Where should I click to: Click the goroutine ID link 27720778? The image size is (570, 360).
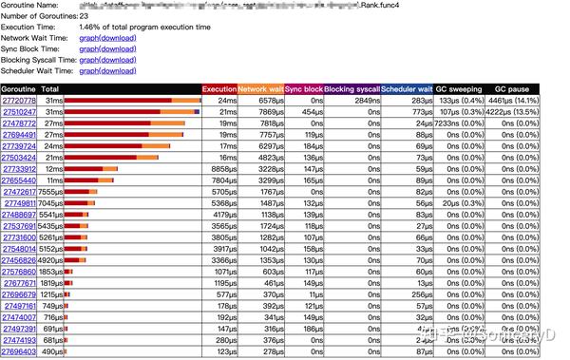coord(18,100)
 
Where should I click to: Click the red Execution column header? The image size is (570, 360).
coord(218,88)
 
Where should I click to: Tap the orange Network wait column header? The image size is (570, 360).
coord(259,88)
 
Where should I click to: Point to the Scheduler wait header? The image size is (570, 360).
coord(408,88)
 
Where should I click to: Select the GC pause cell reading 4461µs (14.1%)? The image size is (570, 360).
coord(513,100)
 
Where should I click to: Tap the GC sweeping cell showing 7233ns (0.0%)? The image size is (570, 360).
coord(461,123)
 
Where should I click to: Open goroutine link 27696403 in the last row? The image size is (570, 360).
coord(18,351)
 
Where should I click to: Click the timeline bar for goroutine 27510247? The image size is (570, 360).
coord(133,111)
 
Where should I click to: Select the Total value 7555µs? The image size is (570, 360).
coord(49,191)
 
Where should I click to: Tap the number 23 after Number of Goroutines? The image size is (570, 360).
coord(84,16)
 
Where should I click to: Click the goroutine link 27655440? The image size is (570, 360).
coord(18,180)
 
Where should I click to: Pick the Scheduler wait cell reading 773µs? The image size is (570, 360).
coord(423,111)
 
